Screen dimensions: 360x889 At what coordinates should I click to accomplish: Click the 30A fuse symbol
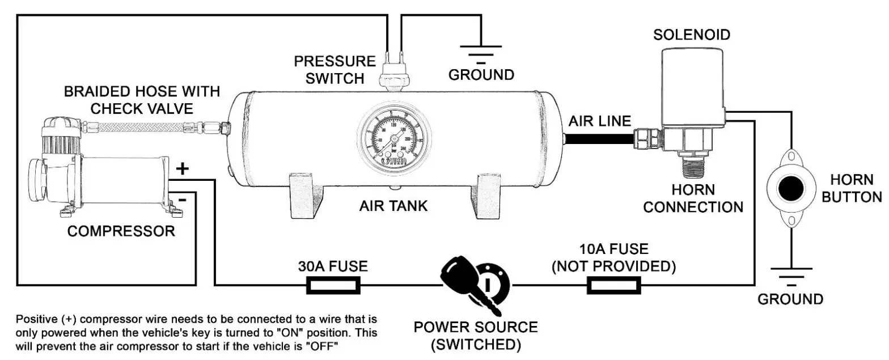[x=333, y=285]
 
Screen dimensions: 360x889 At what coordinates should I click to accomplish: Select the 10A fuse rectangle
[x=613, y=285]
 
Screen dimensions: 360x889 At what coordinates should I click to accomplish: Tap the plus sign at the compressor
[x=183, y=168]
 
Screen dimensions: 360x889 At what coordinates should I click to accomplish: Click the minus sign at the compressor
[x=181, y=200]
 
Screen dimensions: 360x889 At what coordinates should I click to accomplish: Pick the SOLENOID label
[x=692, y=35]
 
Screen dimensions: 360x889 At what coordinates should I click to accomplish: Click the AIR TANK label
[x=393, y=206]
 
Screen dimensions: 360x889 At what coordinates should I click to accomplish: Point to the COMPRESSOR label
[x=121, y=231]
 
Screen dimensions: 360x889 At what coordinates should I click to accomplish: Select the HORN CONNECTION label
[x=693, y=198]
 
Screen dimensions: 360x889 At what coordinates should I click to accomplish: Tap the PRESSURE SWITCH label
[x=335, y=69]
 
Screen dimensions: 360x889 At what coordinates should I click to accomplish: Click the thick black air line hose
[x=601, y=137]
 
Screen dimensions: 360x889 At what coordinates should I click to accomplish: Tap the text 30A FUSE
[x=333, y=266]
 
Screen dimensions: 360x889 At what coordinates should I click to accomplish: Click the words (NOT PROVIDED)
[x=613, y=266]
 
